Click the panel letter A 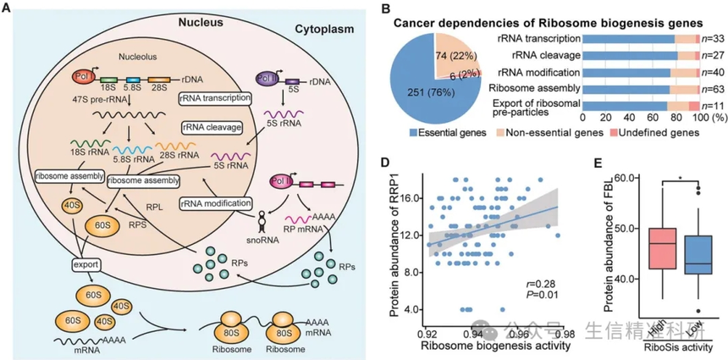[8, 10]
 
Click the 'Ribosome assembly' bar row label [536, 86]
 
